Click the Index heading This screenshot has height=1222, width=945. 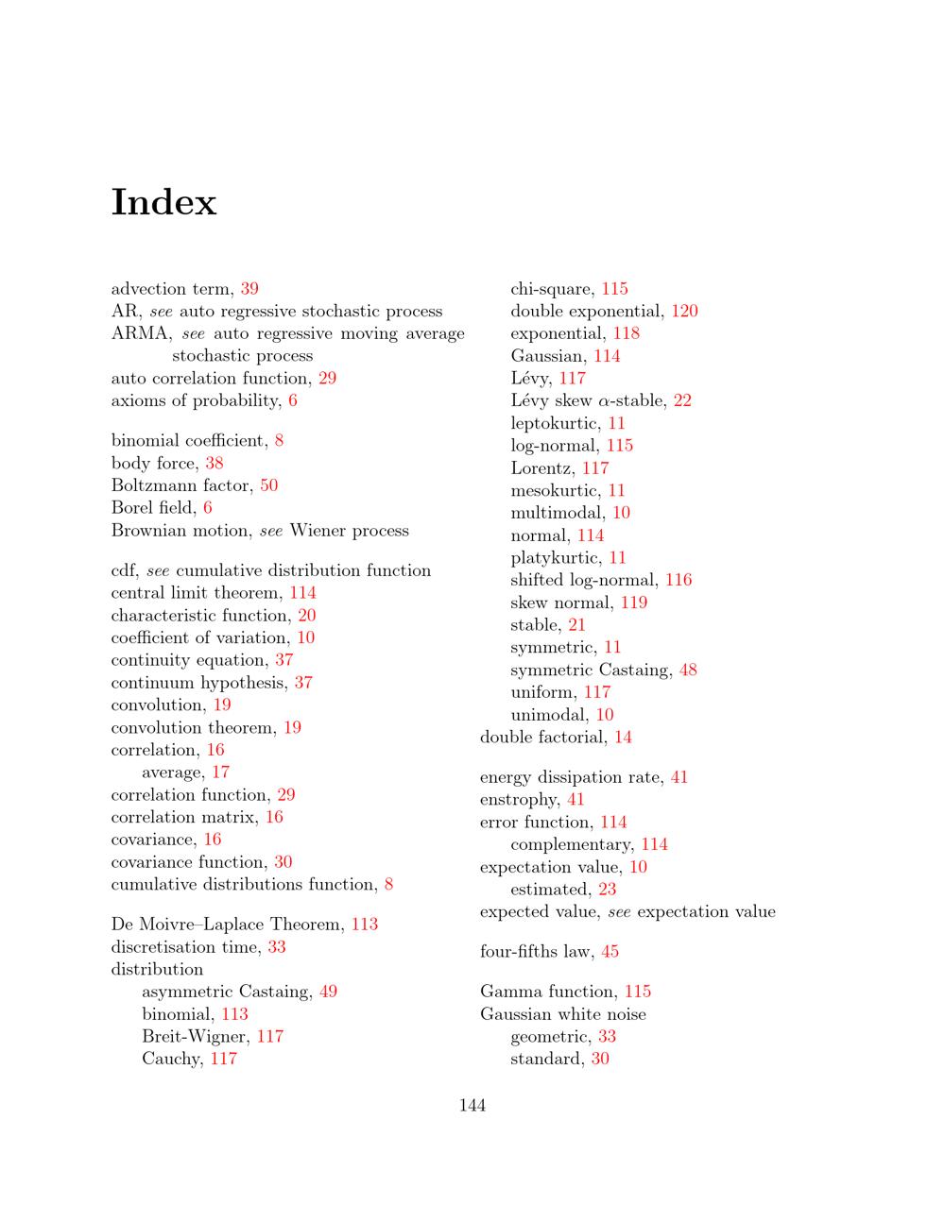(x=164, y=202)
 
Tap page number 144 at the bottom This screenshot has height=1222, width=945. (x=472, y=1105)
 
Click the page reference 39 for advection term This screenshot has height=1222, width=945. (x=249, y=289)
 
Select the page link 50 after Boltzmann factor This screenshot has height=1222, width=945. (x=269, y=485)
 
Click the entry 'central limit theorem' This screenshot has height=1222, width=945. (x=197, y=593)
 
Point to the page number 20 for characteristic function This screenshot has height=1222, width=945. (x=307, y=616)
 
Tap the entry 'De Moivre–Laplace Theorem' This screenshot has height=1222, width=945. (x=227, y=925)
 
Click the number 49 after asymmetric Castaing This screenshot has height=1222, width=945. (x=328, y=992)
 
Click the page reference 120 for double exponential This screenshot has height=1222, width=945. (x=685, y=312)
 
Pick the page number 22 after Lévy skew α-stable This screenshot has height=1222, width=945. (x=682, y=401)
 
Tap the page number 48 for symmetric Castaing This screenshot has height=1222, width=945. (x=688, y=670)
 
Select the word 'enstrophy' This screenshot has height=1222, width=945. (x=519, y=800)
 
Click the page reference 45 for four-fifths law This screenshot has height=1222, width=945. (x=610, y=952)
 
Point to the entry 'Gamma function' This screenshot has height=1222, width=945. (x=548, y=992)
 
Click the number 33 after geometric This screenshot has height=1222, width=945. (x=607, y=1037)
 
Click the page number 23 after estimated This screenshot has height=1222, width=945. (x=607, y=890)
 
